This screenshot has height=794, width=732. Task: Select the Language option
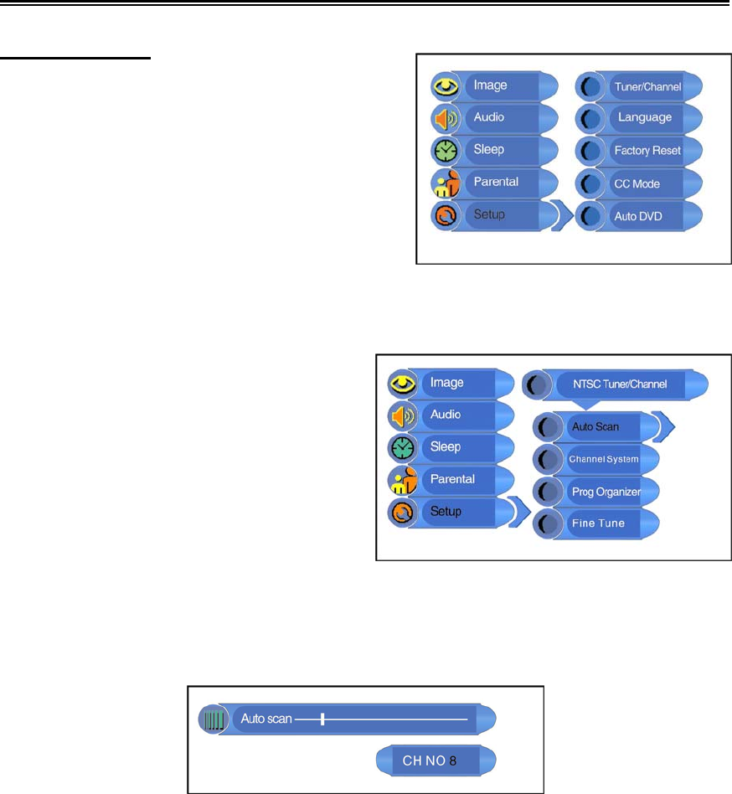point(644,117)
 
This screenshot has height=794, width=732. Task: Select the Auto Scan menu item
point(595,427)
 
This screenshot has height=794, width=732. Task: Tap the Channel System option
point(603,460)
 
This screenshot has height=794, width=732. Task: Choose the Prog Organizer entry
point(606,492)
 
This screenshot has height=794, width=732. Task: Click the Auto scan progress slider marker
point(322,719)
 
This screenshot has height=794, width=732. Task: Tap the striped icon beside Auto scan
point(214,719)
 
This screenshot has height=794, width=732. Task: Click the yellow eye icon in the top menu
point(444,85)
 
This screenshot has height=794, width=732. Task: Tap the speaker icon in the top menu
point(444,118)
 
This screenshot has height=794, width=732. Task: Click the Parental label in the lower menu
point(452,479)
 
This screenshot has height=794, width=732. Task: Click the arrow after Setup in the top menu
point(563,216)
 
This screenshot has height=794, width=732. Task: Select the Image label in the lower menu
point(446,383)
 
